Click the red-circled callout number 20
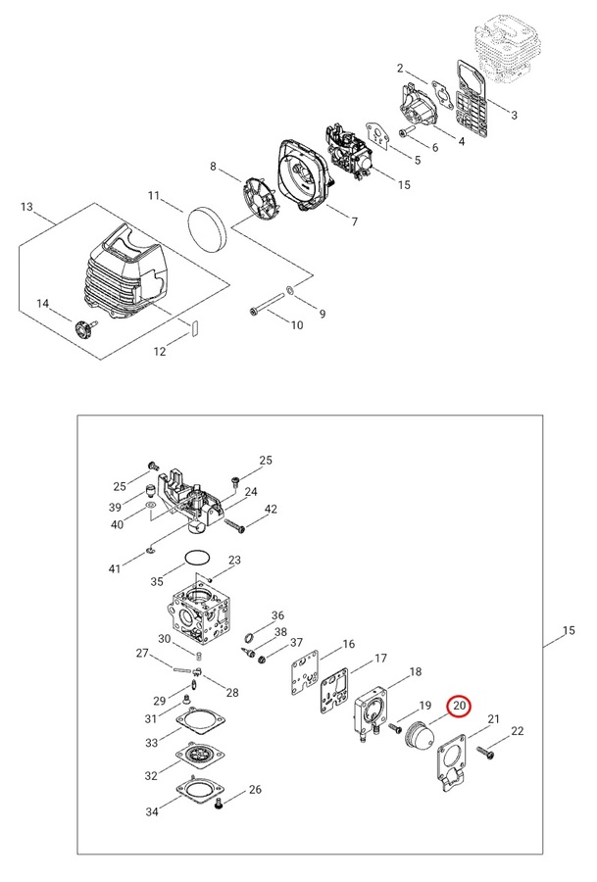tap(460, 705)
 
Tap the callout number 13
tap(26, 207)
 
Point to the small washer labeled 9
tap(291, 291)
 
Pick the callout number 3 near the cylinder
tap(514, 115)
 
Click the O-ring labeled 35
tap(197, 559)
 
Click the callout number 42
tap(271, 509)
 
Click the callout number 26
tap(255, 790)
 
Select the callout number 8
tap(213, 167)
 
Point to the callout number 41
tap(114, 568)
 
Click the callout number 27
tap(141, 654)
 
